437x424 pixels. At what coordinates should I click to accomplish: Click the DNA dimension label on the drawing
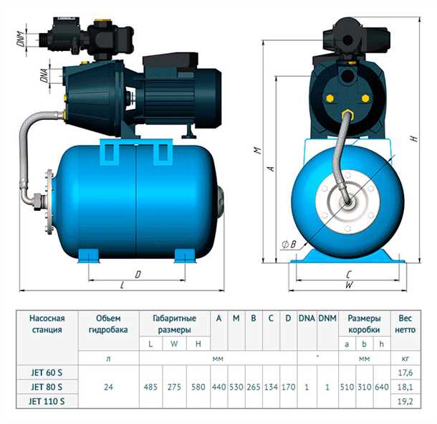click(44, 75)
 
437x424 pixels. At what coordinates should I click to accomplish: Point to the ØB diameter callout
click(289, 245)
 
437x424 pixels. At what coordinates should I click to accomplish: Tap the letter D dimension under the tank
click(138, 275)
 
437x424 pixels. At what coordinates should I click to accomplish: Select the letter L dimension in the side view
click(122, 285)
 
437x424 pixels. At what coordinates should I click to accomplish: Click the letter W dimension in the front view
click(349, 285)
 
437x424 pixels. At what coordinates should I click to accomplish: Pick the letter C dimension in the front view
click(349, 274)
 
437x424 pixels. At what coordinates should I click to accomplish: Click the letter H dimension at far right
click(415, 138)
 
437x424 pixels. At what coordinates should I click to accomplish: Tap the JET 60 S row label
click(47, 372)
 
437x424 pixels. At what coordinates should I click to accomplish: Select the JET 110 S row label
click(47, 401)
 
